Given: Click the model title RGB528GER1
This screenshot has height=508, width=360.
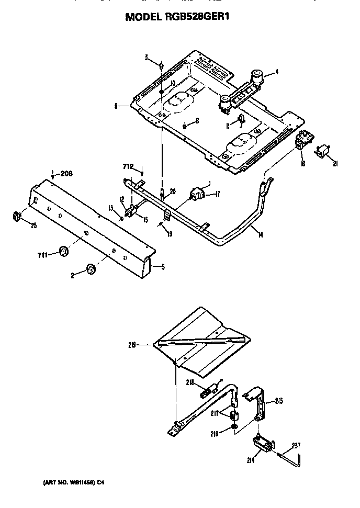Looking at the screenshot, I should (177, 17).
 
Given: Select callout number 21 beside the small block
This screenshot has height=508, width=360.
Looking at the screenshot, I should (335, 164).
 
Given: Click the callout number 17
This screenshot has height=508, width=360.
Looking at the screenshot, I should (217, 195).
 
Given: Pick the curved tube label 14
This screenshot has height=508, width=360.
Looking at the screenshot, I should (261, 235).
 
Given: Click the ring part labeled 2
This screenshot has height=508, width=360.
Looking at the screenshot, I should (91, 269).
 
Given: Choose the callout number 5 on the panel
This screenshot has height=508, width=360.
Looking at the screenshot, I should (163, 267).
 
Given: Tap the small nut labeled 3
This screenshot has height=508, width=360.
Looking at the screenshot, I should (162, 66).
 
